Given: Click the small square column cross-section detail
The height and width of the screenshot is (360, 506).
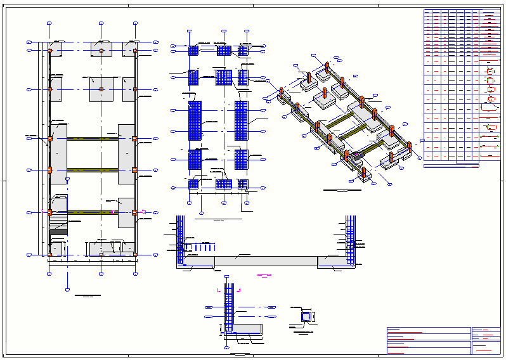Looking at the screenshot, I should point(306,316).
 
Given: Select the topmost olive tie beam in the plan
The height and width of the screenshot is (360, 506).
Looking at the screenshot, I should point(93,138).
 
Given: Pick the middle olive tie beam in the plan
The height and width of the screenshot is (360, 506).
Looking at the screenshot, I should point(93,170).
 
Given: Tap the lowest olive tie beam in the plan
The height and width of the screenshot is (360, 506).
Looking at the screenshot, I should point(93,212).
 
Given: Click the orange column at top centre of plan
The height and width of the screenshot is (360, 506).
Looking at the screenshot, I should point(101,49).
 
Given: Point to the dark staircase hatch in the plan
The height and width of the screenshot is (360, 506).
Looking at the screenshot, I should point(59,232).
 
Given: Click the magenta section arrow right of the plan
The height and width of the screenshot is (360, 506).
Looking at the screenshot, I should point(144,212).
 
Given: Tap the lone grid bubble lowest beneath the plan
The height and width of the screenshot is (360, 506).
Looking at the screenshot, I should point(67,290).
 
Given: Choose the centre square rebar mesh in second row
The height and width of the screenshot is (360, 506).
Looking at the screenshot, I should point(223,77).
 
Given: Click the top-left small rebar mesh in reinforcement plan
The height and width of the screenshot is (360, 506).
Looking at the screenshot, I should point(193,50).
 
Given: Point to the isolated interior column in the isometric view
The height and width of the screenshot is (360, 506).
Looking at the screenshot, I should point(309,78).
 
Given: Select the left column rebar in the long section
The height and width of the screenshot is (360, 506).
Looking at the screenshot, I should point(180,241).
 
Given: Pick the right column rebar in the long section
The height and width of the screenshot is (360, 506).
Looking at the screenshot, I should point(350,241).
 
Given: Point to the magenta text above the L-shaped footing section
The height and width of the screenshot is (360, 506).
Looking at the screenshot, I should point(264,276).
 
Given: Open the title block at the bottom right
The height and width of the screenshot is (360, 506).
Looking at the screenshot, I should point(443,341).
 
